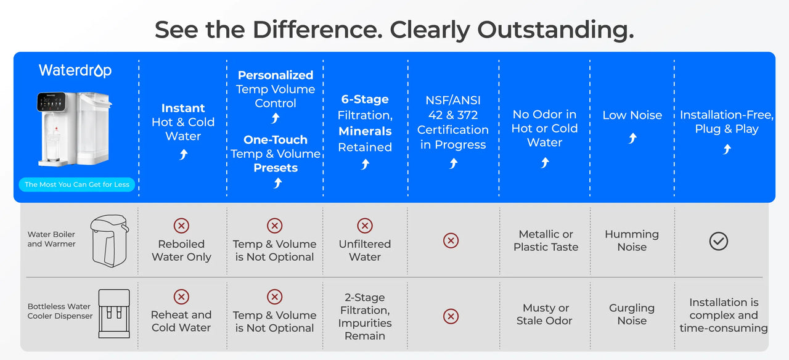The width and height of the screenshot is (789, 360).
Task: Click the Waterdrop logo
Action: [75, 70]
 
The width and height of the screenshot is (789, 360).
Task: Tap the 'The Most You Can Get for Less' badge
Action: [77, 184]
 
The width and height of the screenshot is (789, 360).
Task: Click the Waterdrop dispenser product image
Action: [75, 129]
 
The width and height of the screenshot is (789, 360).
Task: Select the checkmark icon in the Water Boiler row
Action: [719, 241]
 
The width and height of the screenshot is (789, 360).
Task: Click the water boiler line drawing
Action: [110, 240]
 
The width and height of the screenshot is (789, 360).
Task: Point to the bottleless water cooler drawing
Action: [114, 314]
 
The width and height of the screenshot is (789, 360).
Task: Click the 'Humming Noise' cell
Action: [632, 240]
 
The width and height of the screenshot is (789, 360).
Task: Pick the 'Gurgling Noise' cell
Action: [632, 314]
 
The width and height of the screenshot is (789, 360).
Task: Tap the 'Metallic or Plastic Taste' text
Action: [546, 240]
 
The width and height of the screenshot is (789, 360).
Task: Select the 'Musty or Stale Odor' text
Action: [544, 314]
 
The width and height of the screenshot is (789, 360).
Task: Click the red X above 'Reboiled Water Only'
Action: [181, 226]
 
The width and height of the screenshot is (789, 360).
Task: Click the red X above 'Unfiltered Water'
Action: [365, 226]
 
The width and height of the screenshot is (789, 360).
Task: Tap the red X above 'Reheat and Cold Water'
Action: [181, 297]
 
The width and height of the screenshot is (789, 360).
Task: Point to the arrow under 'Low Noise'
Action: [632, 138]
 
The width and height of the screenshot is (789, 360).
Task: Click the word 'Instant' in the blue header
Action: [183, 108]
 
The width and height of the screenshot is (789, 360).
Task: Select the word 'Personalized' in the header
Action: [276, 75]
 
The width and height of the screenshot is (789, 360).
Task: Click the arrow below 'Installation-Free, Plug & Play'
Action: [727, 149]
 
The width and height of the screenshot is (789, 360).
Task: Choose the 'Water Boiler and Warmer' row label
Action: [51, 239]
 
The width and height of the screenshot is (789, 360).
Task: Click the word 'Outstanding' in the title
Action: [555, 30]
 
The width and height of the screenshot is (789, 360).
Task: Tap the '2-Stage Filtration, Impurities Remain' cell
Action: [365, 317]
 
